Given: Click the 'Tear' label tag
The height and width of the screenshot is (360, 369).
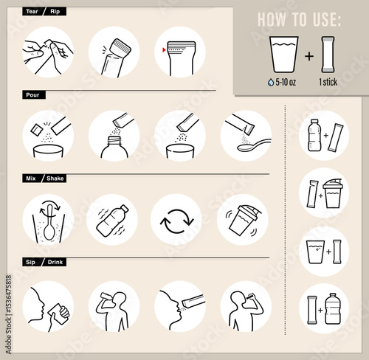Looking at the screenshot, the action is click(32, 12).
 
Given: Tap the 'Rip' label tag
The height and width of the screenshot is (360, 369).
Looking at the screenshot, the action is click(55, 12).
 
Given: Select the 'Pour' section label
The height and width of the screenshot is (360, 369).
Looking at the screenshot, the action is click(34, 95).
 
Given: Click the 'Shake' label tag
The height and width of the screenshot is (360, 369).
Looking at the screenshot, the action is click(55, 179).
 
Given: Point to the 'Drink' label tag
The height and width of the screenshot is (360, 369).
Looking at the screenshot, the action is click(55, 262).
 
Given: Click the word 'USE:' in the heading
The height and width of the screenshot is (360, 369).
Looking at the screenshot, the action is click(327, 19).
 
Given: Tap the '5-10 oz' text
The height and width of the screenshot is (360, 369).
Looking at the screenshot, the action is click(286, 82).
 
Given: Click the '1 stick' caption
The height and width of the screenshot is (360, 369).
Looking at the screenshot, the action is click(328, 82).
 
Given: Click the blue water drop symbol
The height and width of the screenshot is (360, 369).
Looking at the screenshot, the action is click(271, 83).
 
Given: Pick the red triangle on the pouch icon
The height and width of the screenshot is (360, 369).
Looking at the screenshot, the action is click(164, 50).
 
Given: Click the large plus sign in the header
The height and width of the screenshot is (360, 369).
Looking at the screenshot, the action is click(309, 56).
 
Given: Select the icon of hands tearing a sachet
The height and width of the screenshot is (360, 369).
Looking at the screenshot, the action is click(48, 52).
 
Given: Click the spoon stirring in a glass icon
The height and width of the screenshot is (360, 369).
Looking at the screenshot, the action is click(48, 219).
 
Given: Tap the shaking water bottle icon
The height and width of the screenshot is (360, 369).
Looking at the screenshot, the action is click(112, 219).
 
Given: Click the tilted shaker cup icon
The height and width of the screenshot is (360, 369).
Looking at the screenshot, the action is click(243, 219).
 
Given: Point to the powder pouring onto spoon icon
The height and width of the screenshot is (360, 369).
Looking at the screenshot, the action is click(246, 136).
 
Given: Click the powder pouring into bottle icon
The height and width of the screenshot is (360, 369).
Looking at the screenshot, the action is click(114, 136).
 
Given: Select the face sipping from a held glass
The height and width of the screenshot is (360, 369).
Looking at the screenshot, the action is click(48, 307).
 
